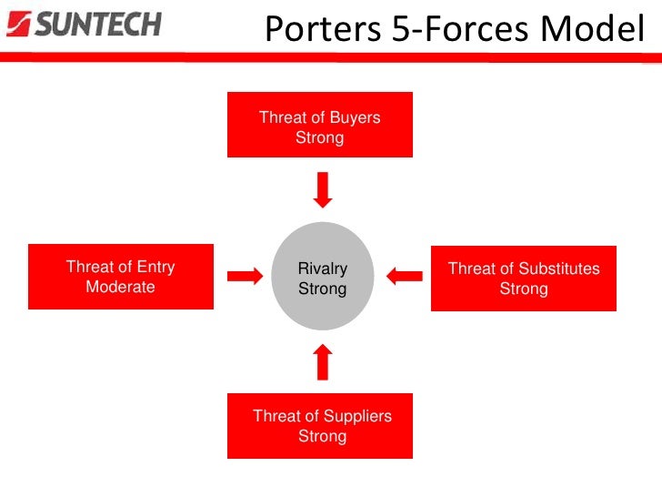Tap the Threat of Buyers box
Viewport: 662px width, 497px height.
click(320, 125)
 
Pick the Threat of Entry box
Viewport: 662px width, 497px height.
click(121, 277)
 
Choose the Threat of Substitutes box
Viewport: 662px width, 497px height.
click(524, 279)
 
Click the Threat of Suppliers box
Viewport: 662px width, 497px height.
click(320, 426)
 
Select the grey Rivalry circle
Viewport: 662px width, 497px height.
click(323, 277)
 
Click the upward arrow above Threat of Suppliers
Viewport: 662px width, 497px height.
click(323, 361)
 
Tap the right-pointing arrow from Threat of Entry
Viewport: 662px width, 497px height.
click(243, 277)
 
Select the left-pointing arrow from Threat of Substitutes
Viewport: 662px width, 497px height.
click(404, 275)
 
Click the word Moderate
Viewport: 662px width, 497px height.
click(120, 288)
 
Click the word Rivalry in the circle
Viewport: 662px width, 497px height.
click(323, 269)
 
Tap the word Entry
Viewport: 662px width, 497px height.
click(153, 268)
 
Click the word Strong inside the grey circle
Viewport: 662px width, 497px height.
click(323, 289)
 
